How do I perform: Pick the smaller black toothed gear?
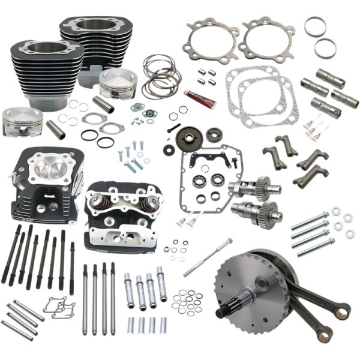(212, 134)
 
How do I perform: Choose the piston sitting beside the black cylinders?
(116, 83)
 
